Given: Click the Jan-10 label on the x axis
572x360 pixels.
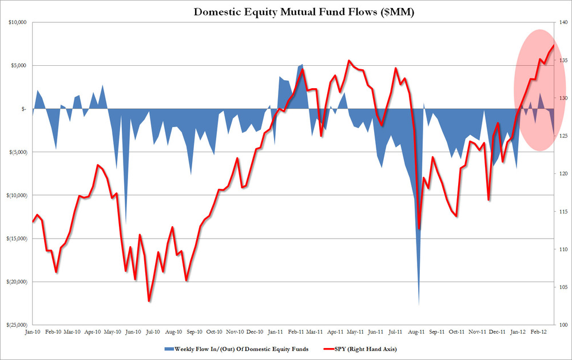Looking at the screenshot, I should [x=33, y=331].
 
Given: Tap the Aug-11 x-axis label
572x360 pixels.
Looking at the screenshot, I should [x=418, y=331].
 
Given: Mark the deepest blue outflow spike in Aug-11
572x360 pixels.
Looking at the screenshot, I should [x=419, y=303].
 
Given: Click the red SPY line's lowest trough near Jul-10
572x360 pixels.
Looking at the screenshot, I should [x=149, y=301].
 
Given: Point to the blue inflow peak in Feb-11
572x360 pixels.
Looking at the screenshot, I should [x=302, y=65].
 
